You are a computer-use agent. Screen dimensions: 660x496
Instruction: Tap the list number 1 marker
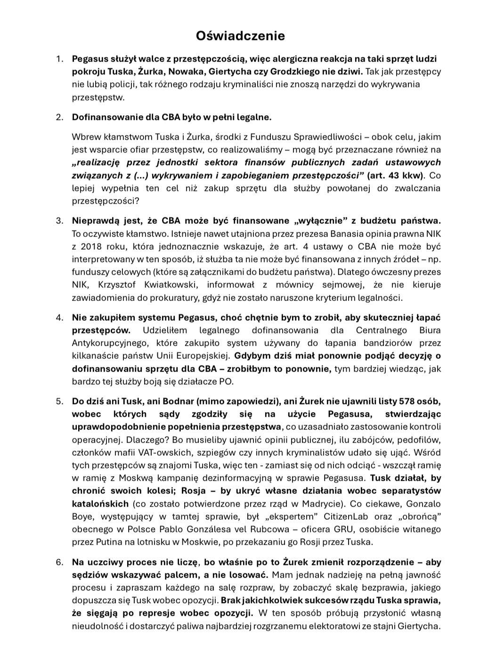[59, 59]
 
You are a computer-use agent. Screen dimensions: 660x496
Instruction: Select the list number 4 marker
[59, 318]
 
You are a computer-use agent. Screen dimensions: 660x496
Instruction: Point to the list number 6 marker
[59, 562]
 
